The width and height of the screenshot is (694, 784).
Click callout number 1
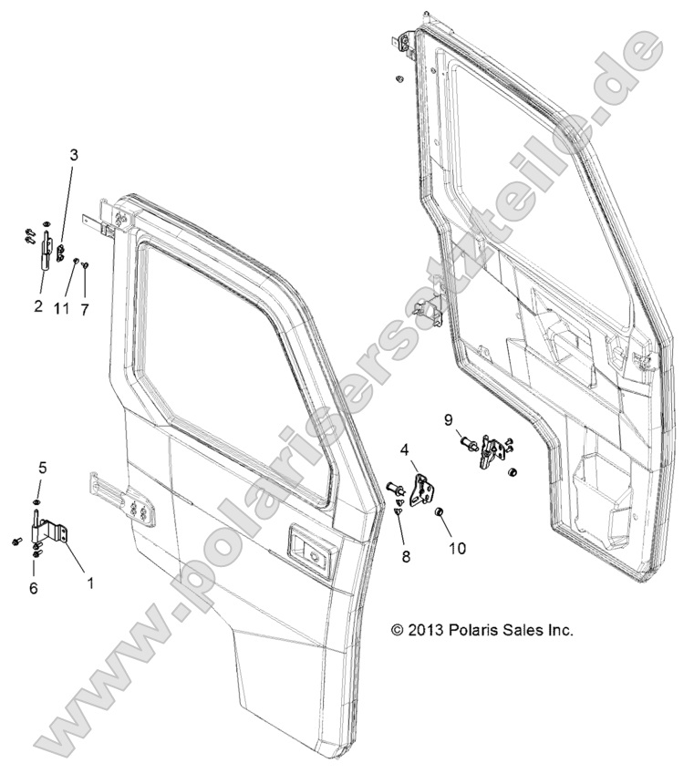[89, 580]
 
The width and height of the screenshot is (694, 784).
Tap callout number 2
[38, 307]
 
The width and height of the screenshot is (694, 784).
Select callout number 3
[74, 155]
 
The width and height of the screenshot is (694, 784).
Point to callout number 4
[404, 449]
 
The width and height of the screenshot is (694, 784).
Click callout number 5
[41, 467]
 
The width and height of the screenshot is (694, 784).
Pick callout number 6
[33, 589]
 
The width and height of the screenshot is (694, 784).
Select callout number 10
[456, 548]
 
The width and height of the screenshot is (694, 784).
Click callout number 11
[62, 309]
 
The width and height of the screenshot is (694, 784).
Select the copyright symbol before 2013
[397, 629]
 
